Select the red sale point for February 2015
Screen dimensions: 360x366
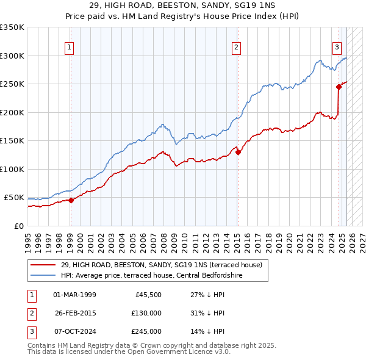[x=238, y=153]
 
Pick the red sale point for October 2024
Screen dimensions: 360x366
[x=339, y=87]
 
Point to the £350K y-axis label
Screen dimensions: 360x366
[x=12, y=27]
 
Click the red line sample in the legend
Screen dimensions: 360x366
[x=43, y=265]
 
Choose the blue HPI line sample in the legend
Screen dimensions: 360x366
[x=43, y=275]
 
